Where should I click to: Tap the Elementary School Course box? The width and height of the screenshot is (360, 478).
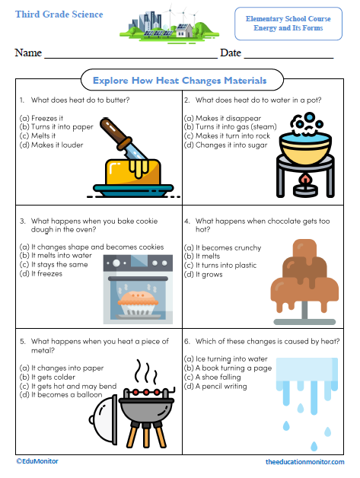click(288, 23)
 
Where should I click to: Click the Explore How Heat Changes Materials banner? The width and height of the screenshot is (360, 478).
click(180, 80)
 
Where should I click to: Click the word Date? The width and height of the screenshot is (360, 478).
click(231, 53)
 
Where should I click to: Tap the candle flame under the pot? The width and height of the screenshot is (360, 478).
click(307, 180)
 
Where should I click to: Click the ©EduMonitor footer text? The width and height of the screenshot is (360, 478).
click(37, 461)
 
